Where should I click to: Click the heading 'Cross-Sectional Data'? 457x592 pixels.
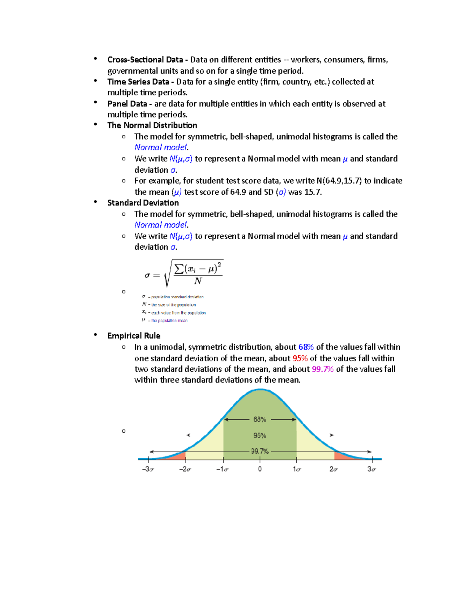point(145,60)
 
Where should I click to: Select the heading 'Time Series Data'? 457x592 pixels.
point(138,82)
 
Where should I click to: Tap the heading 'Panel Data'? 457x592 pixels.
point(127,104)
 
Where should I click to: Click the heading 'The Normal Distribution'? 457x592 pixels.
point(152,125)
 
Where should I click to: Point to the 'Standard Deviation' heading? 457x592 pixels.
point(143,203)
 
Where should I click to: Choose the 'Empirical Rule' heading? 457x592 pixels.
point(134,336)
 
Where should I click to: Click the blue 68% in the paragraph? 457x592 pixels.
point(306,347)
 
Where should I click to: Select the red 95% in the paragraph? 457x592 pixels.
point(300,358)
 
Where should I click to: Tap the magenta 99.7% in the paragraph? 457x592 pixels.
point(323,369)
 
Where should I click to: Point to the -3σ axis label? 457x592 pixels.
point(148,469)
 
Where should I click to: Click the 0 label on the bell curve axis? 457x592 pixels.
point(260,469)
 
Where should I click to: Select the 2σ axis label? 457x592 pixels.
point(334,469)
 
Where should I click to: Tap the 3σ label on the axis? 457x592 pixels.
point(371,469)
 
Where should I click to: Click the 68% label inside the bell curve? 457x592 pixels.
point(260,419)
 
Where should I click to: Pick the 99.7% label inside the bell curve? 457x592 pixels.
point(260,451)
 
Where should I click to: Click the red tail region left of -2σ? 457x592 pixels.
point(179,456)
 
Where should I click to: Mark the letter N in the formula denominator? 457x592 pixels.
point(198,281)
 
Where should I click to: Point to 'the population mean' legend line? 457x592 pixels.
point(169,321)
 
